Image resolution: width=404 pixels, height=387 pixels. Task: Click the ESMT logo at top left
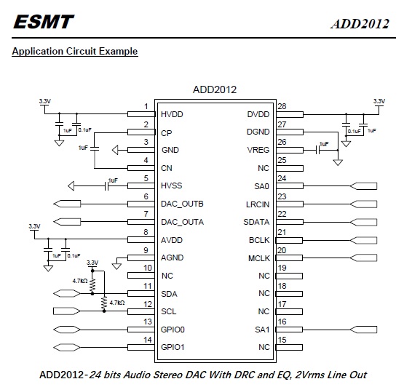click(44, 22)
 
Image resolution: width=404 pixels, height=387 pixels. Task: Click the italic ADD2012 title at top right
click(360, 24)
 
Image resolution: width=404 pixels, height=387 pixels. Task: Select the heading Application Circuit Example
click(75, 51)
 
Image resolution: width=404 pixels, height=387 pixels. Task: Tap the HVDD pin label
click(172, 114)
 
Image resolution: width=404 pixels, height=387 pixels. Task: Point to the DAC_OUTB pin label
click(182, 204)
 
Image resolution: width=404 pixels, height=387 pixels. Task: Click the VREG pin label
click(258, 150)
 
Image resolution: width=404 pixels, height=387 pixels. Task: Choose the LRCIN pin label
click(258, 204)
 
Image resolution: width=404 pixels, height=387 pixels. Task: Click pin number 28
click(282, 106)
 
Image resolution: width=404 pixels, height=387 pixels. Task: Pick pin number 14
click(148, 340)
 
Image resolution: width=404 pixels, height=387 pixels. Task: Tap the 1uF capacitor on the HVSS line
click(107, 186)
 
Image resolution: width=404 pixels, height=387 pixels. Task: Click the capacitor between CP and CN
click(95, 149)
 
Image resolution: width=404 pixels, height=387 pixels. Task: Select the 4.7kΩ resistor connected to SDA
click(92, 285)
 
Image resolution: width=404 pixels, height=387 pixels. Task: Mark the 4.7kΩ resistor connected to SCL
click(104, 303)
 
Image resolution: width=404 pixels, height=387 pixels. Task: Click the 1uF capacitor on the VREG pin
click(317, 150)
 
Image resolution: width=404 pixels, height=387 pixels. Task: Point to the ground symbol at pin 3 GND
click(115, 150)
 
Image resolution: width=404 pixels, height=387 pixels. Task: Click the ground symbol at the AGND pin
click(116, 266)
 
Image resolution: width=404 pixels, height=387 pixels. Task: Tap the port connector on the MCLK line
click(363, 258)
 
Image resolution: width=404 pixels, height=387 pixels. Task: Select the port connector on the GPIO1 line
click(67, 347)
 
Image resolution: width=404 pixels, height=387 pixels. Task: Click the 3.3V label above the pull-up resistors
click(92, 263)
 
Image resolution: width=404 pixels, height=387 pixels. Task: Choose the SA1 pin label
click(262, 330)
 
